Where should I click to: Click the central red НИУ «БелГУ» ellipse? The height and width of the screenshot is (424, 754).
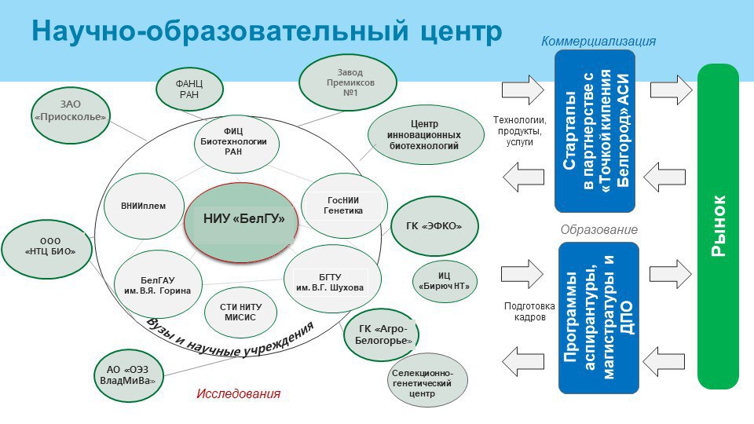tap(243, 218)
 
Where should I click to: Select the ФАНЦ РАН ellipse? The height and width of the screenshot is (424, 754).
tap(189, 90)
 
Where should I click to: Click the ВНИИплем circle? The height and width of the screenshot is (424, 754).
tap(143, 207)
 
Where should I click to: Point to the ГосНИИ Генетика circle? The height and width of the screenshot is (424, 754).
tap(343, 206)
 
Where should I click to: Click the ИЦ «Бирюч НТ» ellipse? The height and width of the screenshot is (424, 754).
tap(445, 281)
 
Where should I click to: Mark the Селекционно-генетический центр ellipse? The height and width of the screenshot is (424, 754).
tap(427, 380)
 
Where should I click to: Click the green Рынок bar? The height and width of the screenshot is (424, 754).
tap(719, 226)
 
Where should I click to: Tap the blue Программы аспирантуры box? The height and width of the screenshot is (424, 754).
tap(598, 317)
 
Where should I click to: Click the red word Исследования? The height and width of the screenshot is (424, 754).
tap(239, 393)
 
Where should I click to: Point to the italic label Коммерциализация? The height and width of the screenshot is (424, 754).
tap(598, 42)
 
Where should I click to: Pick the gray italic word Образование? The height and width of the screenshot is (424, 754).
tap(598, 230)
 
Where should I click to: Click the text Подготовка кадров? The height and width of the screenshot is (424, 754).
tap(529, 312)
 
